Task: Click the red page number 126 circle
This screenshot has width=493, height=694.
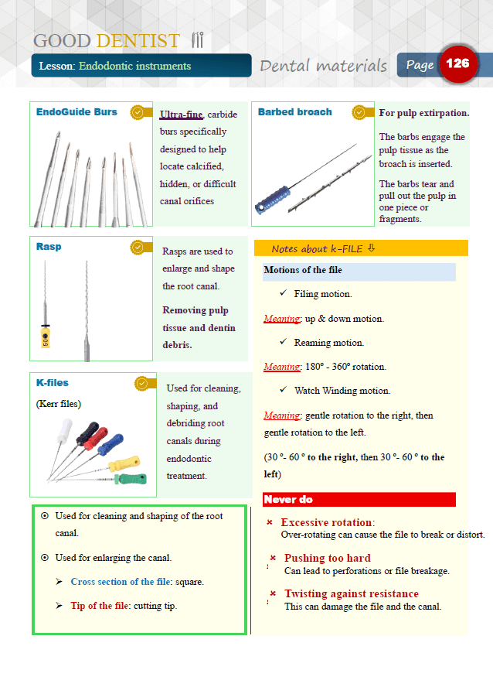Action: pyautogui.click(x=458, y=64)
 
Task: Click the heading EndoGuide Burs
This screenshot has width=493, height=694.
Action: pyautogui.click(x=76, y=112)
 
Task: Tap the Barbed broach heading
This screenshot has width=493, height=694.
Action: pyautogui.click(x=294, y=112)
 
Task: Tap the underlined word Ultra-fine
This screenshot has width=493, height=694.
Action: pyautogui.click(x=181, y=115)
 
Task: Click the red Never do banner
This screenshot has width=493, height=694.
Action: pyautogui.click(x=359, y=500)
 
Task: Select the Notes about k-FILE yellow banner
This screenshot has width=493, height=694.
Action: pyautogui.click(x=361, y=248)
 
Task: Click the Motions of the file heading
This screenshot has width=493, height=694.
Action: pyautogui.click(x=303, y=271)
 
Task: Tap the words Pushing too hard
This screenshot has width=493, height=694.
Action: pyautogui.click(x=327, y=558)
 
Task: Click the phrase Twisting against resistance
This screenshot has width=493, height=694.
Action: pyautogui.click(x=351, y=593)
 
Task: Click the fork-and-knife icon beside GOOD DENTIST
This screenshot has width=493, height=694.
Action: pyautogui.click(x=197, y=40)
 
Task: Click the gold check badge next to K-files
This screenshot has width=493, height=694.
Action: pyautogui.click(x=141, y=383)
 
